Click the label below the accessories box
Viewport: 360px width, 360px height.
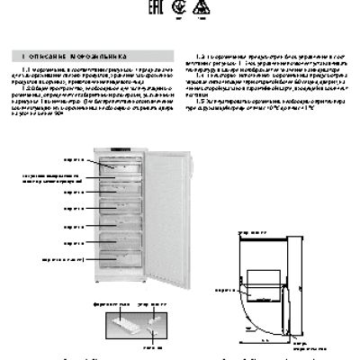tap(136, 347)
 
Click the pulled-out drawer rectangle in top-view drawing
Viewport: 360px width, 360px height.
tap(266, 277)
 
